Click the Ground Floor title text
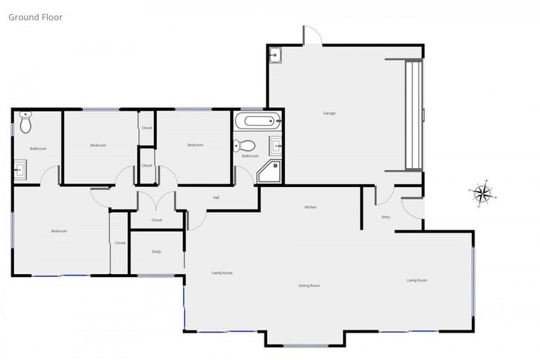(x=35, y=17)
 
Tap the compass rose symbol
(x=482, y=193)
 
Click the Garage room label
(x=329, y=113)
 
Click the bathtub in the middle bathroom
(x=257, y=121)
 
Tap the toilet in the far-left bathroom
(x=26, y=124)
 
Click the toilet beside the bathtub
(x=246, y=146)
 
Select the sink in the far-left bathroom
(x=20, y=168)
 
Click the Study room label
(x=156, y=251)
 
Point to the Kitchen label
(x=310, y=207)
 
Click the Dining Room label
(x=309, y=285)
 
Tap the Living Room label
(x=417, y=281)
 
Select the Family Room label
(x=222, y=273)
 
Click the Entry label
(x=385, y=217)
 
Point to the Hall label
(x=216, y=198)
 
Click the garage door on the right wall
(x=413, y=115)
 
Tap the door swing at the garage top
(x=312, y=36)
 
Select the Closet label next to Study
(x=120, y=243)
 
